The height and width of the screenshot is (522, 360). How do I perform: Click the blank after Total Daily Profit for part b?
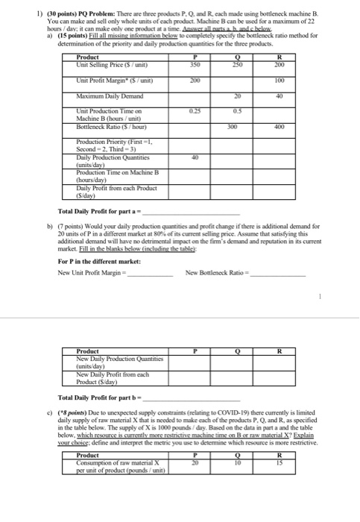tap(194, 397)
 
